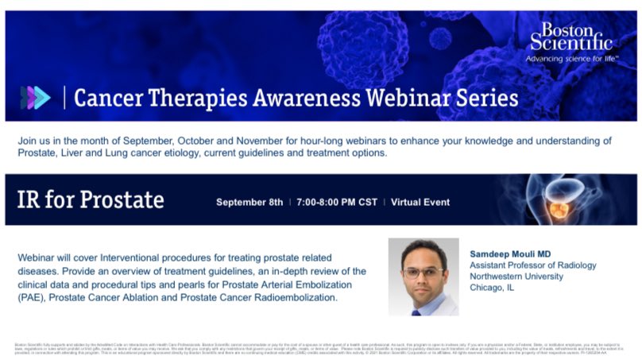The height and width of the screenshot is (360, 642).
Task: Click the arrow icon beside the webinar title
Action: coord(35,98)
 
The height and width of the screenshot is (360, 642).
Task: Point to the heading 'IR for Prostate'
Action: coord(91,199)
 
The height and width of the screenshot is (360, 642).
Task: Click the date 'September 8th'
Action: coord(249,202)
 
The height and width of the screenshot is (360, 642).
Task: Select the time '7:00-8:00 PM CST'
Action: coord(337,202)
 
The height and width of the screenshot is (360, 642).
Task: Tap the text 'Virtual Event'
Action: coord(420,202)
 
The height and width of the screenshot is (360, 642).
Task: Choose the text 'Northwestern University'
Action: coord(516,277)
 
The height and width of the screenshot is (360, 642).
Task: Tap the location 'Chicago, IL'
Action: coord(493,288)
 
